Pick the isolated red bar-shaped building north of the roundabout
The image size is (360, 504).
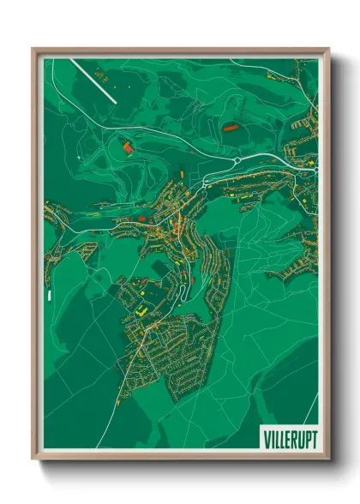[230, 127]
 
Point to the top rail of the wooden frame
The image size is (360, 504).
[180, 51]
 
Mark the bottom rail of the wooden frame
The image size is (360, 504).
[180, 455]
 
